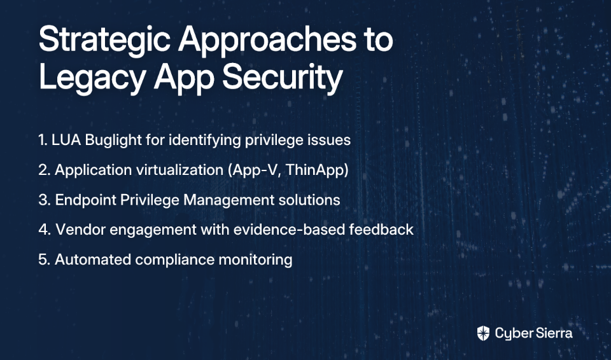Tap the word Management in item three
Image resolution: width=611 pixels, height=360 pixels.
coord(228,200)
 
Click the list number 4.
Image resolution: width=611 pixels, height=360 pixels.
coord(45,230)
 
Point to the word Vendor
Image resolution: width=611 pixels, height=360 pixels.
coord(81,230)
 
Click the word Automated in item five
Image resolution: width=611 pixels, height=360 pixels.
coord(93,260)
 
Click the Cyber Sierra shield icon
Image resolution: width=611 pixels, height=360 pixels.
coord(483,333)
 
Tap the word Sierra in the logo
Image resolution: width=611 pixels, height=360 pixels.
coord(553,333)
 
